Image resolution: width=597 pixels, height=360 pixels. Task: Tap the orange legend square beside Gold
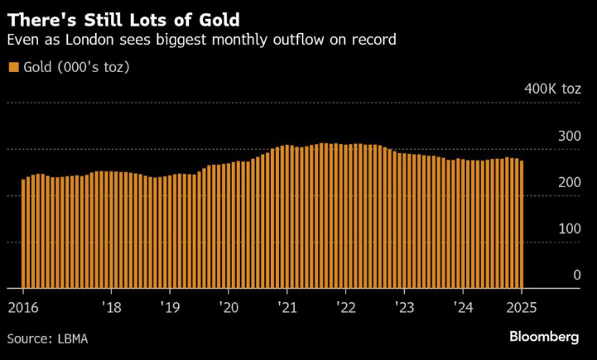tap(12, 67)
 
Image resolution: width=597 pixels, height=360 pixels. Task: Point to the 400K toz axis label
tap(552, 89)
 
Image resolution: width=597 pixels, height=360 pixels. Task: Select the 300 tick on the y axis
tap(569, 136)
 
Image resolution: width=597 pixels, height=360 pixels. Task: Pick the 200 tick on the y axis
tap(569, 182)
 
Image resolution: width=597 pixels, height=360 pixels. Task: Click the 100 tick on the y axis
tap(569, 228)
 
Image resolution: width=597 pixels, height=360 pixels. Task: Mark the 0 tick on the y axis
tap(576, 275)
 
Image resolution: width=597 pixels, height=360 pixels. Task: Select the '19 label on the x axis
tap(169, 305)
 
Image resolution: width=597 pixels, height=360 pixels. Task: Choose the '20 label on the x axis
tap(228, 305)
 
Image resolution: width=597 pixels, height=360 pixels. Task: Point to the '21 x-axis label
tap(286, 305)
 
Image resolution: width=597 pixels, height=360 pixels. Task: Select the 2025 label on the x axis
tap(522, 305)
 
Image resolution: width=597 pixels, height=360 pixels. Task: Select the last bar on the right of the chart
tap(521, 223)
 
